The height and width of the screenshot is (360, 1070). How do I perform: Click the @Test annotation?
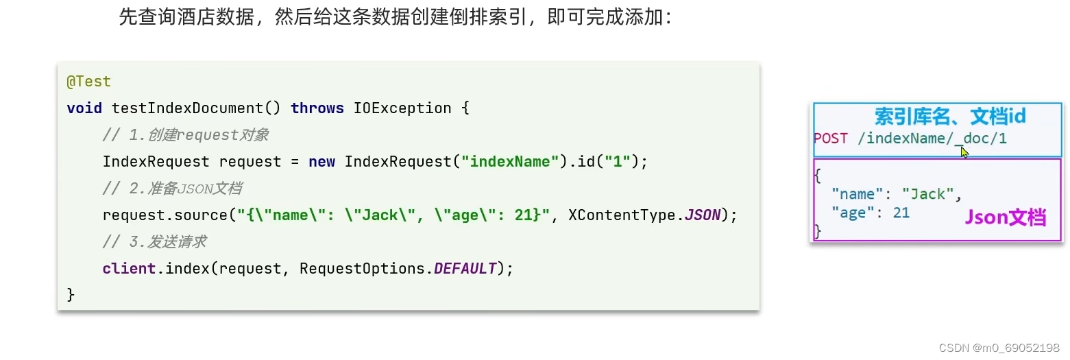point(88,82)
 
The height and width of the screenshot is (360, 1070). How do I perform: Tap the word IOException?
point(402,108)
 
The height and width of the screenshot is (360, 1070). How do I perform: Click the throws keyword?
point(317,108)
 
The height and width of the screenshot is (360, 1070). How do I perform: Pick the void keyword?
point(84,108)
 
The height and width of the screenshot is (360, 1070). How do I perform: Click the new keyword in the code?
point(321,162)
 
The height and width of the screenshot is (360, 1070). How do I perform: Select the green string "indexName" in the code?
point(510,162)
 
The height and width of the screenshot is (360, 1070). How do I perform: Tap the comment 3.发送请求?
point(154,242)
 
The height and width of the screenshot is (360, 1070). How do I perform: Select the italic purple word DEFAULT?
point(465,269)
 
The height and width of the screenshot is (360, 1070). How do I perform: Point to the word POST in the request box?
point(831,139)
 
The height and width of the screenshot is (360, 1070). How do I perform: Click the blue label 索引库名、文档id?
point(949,116)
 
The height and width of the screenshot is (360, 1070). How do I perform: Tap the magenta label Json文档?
point(1006,218)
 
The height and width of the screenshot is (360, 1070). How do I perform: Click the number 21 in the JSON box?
point(901,213)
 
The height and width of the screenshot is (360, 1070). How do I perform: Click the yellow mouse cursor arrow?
point(964,152)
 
